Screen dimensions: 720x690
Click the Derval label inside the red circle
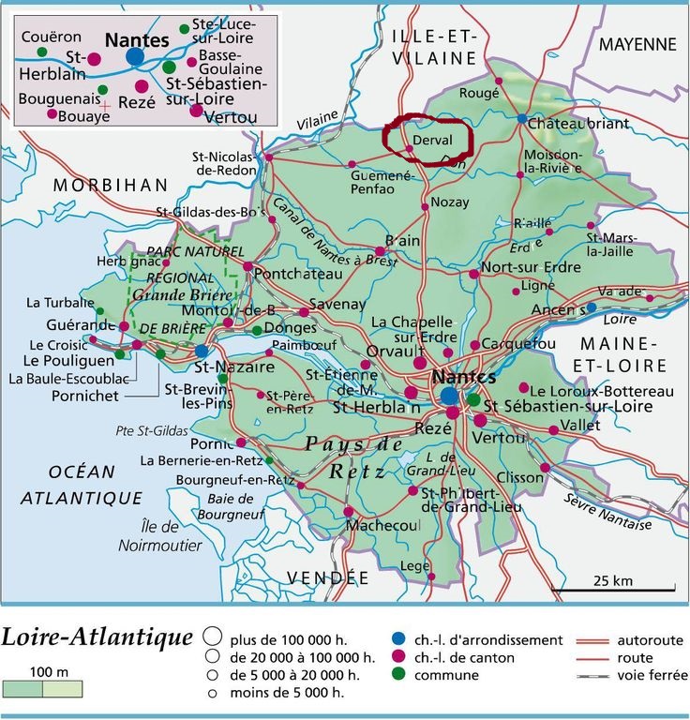432,139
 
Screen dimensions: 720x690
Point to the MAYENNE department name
637,44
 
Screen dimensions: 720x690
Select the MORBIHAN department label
110,185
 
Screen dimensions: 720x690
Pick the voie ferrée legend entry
649,676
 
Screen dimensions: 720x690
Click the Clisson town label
519,477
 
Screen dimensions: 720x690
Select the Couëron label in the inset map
47,37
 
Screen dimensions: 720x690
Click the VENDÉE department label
327,577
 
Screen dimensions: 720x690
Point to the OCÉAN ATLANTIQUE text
82,485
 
